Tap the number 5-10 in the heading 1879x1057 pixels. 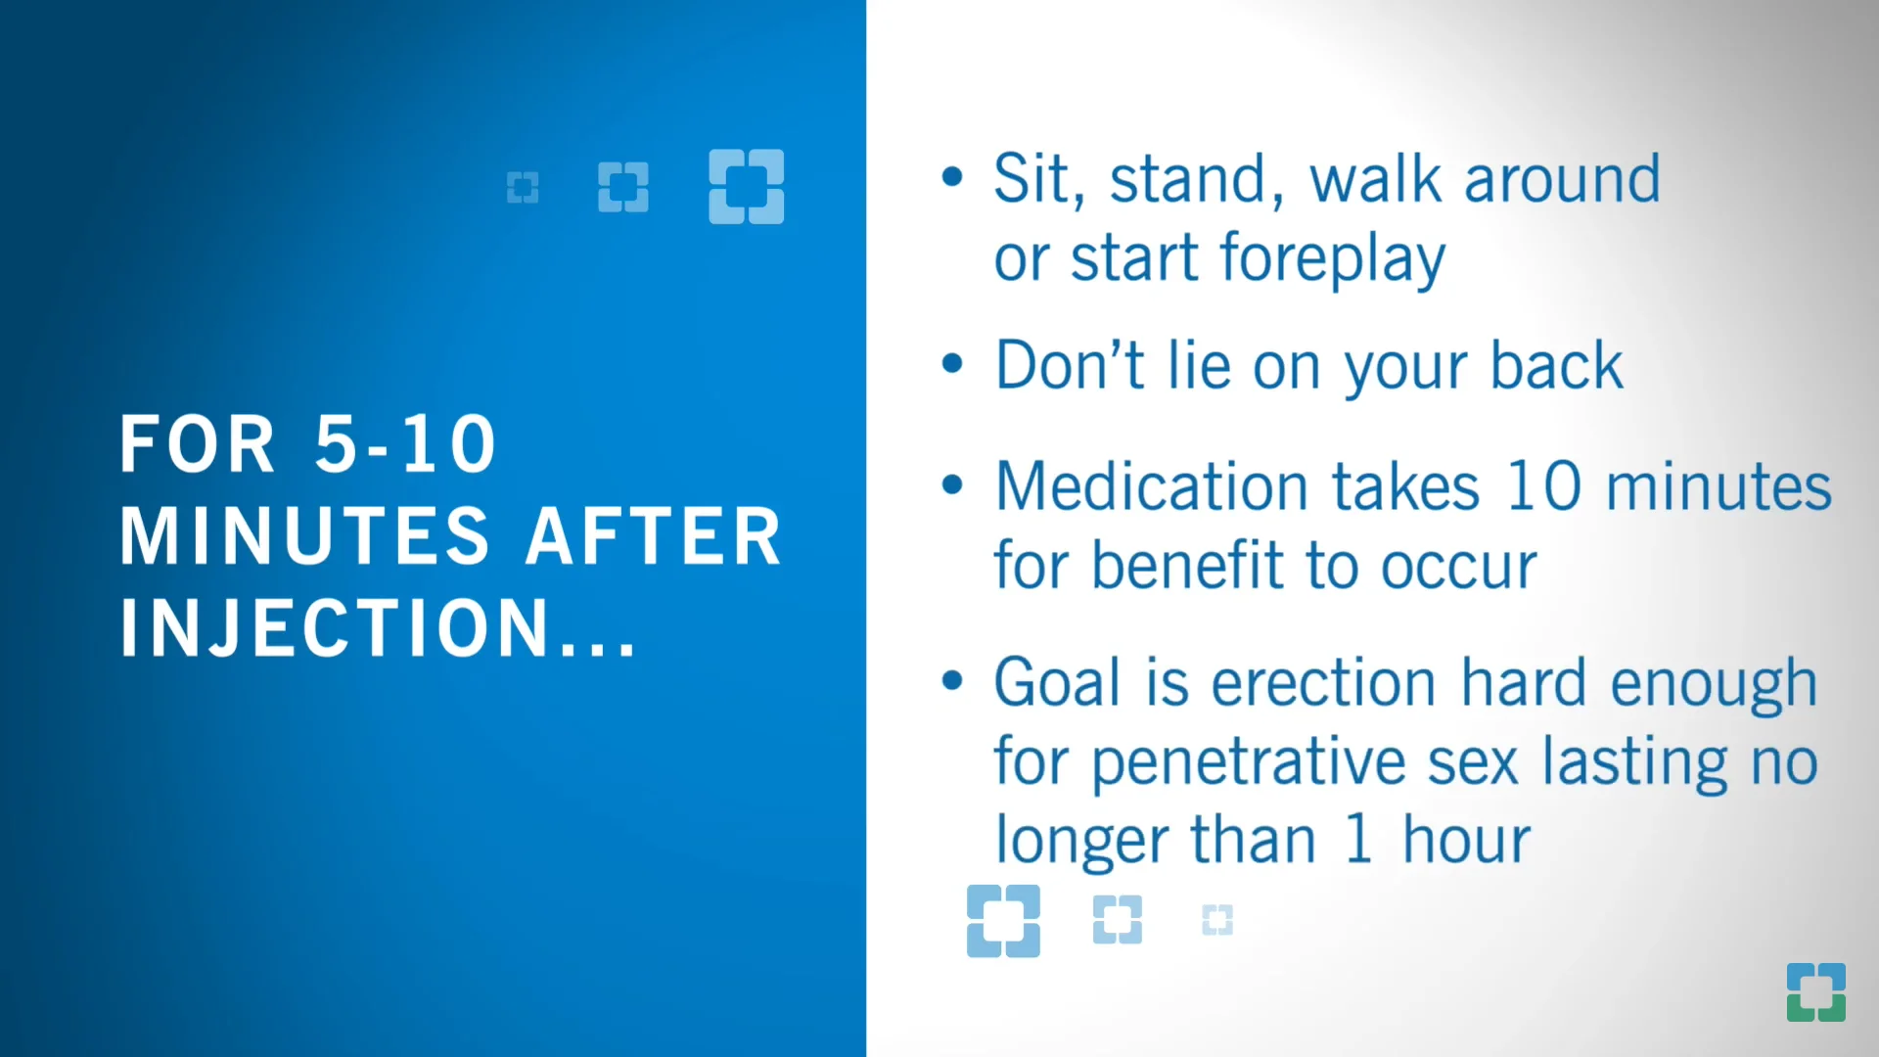tap(405, 444)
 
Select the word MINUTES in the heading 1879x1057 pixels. tap(304, 536)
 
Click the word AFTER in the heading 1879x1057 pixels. tap(654, 536)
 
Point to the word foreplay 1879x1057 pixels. tap(1332, 258)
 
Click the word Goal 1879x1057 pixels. tap(1056, 682)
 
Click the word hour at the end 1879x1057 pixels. tap(1465, 840)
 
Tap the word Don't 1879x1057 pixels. tap(1069, 366)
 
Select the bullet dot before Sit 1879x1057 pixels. tap(952, 177)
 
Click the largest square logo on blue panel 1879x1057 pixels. tap(746, 186)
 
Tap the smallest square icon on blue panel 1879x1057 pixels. tap(523, 187)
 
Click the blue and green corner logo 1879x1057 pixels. tap(1815, 991)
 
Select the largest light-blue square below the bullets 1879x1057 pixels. tap(1003, 921)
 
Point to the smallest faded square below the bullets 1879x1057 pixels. tap(1216, 920)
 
